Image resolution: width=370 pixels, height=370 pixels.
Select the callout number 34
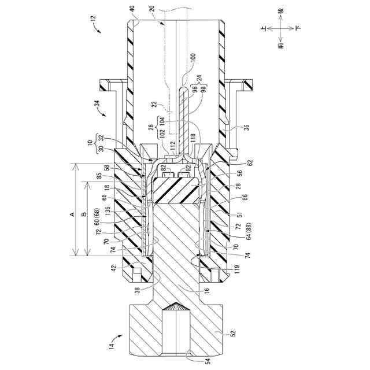(x=97, y=104)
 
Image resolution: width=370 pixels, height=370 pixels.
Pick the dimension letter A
(x=72, y=213)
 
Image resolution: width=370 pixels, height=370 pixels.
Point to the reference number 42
(x=113, y=268)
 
